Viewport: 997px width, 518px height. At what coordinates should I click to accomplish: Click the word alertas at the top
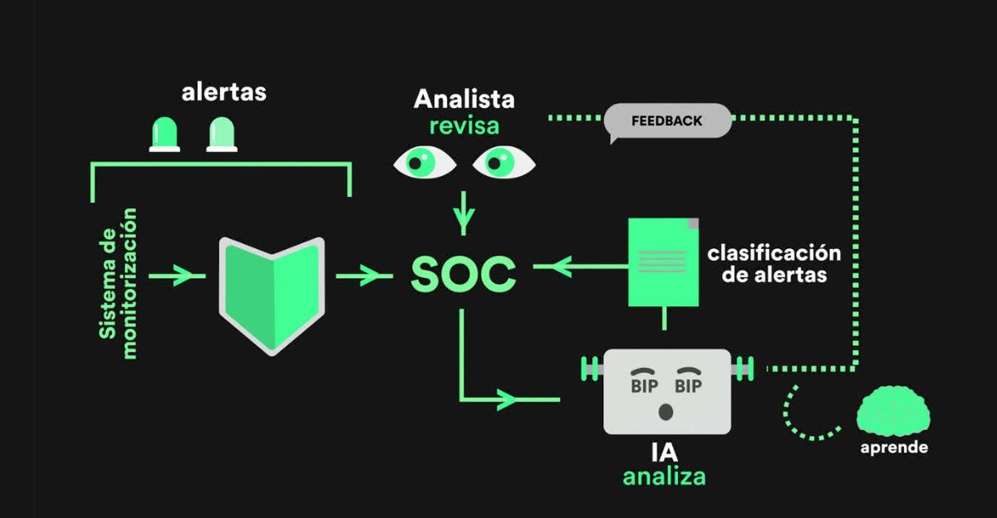tap(224, 91)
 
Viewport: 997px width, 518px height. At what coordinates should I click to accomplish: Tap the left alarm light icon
tap(164, 134)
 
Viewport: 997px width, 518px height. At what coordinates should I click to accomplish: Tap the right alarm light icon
tap(222, 134)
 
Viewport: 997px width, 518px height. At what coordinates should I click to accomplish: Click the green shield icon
tap(270, 294)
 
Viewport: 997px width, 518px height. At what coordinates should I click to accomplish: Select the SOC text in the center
tap(463, 275)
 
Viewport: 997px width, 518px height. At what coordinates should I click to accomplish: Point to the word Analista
tap(464, 100)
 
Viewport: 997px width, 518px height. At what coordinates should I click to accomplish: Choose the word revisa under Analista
tap(464, 126)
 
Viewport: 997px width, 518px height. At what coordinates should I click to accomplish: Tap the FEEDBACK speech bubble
tap(667, 121)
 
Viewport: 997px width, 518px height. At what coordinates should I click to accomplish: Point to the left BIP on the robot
tap(644, 386)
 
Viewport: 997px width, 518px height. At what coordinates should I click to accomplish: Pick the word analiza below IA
tap(665, 476)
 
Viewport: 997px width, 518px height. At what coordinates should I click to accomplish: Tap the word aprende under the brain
tap(894, 447)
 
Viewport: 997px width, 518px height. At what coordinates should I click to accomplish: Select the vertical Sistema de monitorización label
tap(120, 282)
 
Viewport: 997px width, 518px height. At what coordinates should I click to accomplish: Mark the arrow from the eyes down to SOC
tap(464, 213)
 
